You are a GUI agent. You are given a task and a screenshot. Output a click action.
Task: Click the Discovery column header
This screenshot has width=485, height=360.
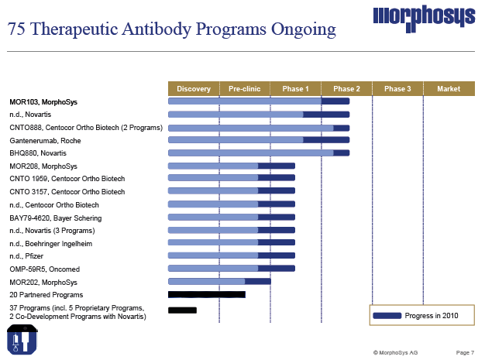[194, 89]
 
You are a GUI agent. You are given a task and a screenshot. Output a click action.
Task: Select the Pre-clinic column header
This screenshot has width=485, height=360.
[245, 89]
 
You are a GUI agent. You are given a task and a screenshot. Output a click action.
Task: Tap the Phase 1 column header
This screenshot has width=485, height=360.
[295, 89]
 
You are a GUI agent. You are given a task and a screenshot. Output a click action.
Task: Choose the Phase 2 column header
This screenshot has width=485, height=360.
[346, 89]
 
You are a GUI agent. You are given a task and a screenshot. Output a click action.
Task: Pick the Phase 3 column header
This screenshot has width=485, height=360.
[397, 89]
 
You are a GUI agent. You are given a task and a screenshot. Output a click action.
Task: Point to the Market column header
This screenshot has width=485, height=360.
[449, 89]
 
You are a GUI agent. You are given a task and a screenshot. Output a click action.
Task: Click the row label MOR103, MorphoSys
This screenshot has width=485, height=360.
[43, 101]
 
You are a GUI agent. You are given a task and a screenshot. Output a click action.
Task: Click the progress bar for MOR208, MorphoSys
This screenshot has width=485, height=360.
[231, 166]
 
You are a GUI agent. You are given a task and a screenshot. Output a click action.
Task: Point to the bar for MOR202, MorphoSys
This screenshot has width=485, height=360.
[219, 281]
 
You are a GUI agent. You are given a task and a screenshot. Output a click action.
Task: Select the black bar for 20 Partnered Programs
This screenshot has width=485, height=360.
[206, 294]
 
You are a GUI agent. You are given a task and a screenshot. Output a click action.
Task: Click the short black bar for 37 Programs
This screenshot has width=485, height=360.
[182, 310]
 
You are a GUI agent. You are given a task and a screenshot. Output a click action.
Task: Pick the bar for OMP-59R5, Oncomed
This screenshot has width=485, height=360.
[231, 269]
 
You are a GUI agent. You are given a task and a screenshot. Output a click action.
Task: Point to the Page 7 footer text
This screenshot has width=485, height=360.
[465, 352]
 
